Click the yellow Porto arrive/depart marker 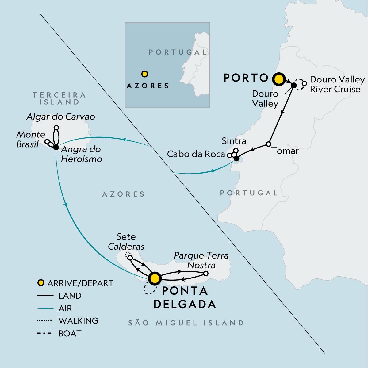coord(279,79)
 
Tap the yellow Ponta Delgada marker coord(155,278)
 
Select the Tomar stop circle coord(268,144)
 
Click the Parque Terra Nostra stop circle coord(206,273)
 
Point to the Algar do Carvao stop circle coord(56,127)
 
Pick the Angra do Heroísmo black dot coord(56,148)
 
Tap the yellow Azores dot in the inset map coord(145,74)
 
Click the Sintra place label coord(234,141)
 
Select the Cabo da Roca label coord(196,154)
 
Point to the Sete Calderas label coord(126,241)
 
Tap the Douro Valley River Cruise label coord(337,84)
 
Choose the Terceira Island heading coord(59,98)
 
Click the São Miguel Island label coord(186,323)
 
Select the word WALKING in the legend coord(78,321)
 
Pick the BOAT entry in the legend coord(70,333)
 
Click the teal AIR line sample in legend coord(45,308)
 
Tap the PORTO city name coord(246,78)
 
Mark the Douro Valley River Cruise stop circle coord(304,83)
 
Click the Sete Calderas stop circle coord(130,258)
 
